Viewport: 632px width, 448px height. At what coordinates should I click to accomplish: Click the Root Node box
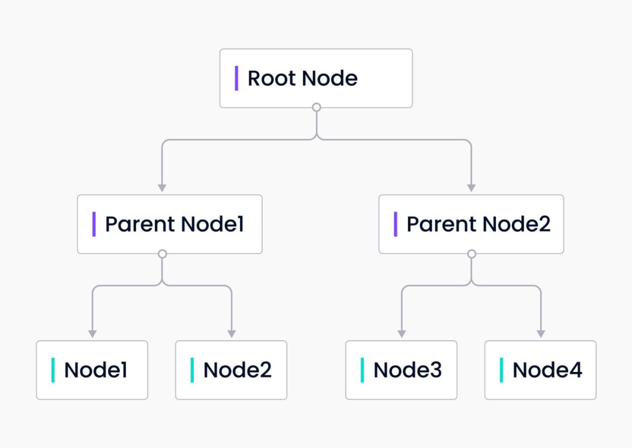click(x=316, y=78)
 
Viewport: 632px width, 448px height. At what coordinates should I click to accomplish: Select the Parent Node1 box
click(x=170, y=224)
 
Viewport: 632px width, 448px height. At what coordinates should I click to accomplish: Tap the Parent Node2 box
click(x=471, y=224)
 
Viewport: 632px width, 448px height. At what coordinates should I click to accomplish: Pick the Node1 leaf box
click(x=92, y=370)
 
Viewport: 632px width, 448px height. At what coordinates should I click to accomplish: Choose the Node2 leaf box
click(x=231, y=370)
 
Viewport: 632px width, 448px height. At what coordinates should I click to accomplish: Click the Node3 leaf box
click(x=401, y=370)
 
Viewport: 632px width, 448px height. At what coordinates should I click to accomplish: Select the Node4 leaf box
click(x=540, y=370)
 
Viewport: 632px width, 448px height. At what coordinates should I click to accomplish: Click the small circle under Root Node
click(x=317, y=107)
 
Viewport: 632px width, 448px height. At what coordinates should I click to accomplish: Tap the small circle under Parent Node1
click(x=162, y=254)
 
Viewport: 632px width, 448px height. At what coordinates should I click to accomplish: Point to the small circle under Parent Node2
click(x=472, y=254)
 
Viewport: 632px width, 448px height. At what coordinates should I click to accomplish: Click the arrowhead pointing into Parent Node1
click(x=162, y=188)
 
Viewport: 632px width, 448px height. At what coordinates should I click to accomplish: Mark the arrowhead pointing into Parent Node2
click(x=471, y=188)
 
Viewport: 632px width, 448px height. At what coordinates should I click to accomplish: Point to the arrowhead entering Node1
click(x=92, y=334)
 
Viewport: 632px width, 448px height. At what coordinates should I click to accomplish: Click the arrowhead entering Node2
click(x=231, y=334)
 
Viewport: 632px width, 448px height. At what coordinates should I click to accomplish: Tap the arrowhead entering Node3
click(x=401, y=334)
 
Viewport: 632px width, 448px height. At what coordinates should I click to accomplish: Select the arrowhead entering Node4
click(x=541, y=334)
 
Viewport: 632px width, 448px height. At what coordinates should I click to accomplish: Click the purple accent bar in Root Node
click(x=236, y=78)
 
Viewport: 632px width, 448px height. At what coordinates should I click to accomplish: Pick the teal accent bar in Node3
click(x=362, y=370)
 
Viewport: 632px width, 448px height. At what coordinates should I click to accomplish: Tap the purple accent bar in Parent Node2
click(x=396, y=224)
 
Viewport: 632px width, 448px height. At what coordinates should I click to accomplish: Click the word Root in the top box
click(x=272, y=78)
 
